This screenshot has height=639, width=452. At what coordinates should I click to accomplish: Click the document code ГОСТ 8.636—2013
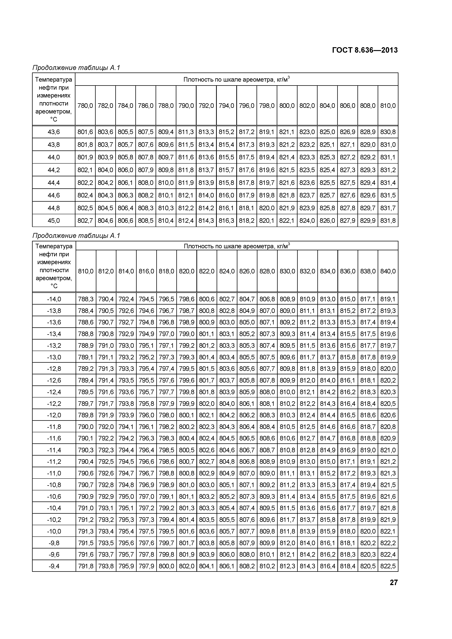(365, 50)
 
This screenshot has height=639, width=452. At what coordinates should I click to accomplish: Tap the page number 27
(394, 583)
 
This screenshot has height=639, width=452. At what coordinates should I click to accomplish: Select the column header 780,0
(85, 106)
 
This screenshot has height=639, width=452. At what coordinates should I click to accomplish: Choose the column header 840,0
(388, 271)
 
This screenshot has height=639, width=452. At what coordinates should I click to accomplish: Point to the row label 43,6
(54, 132)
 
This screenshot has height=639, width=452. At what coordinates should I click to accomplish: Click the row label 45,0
(54, 221)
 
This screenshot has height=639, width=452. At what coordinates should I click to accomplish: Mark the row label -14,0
(54, 299)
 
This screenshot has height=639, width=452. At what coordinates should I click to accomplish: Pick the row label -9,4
(54, 566)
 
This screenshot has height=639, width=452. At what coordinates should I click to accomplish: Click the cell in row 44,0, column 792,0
(206, 157)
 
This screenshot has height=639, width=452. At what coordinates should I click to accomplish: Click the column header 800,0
(287, 106)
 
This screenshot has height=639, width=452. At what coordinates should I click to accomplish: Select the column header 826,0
(247, 271)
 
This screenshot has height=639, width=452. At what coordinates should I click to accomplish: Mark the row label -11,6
(54, 438)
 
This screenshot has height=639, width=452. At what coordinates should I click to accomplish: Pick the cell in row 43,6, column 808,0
(368, 132)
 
